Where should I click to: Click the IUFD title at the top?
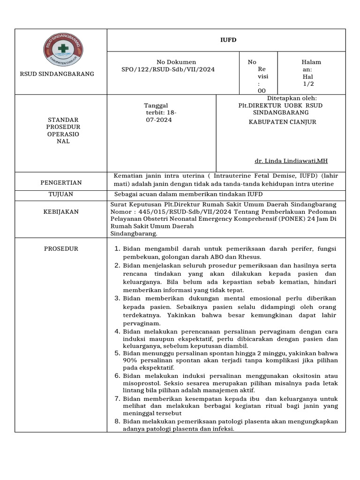(x=228, y=40)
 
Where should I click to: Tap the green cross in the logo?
(x=62, y=48)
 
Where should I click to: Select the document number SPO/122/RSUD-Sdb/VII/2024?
(x=168, y=69)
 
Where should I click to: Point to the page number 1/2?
(x=308, y=84)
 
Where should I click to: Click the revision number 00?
(x=262, y=90)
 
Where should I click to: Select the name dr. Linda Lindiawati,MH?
(x=291, y=161)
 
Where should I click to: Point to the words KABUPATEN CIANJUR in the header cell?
(x=282, y=122)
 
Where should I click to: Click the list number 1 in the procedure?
(x=117, y=249)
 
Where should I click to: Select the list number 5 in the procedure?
(x=117, y=353)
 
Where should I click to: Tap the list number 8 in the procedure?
(x=117, y=421)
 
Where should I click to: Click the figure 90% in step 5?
(x=130, y=360)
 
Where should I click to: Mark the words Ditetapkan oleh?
(x=292, y=98)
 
